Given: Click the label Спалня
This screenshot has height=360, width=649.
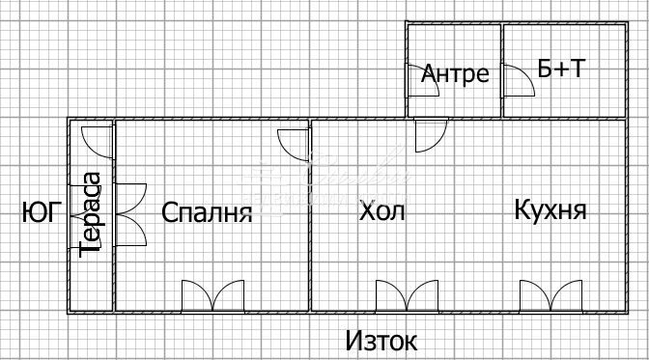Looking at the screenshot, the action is click(x=207, y=212).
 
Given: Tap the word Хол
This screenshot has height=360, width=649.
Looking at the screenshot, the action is click(x=382, y=210).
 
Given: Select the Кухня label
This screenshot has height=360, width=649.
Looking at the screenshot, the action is click(x=550, y=209).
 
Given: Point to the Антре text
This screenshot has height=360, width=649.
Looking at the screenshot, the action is click(x=456, y=73).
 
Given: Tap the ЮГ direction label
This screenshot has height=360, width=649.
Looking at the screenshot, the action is click(x=42, y=211).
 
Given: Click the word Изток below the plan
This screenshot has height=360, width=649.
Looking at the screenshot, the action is click(x=382, y=341).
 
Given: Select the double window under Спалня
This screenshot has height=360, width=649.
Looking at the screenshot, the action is click(x=213, y=295).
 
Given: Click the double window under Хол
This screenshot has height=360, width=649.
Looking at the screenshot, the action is click(x=406, y=295).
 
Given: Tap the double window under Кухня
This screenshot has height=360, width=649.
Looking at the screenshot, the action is click(x=551, y=295).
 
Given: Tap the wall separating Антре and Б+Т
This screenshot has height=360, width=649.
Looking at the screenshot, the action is click(x=501, y=69).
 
